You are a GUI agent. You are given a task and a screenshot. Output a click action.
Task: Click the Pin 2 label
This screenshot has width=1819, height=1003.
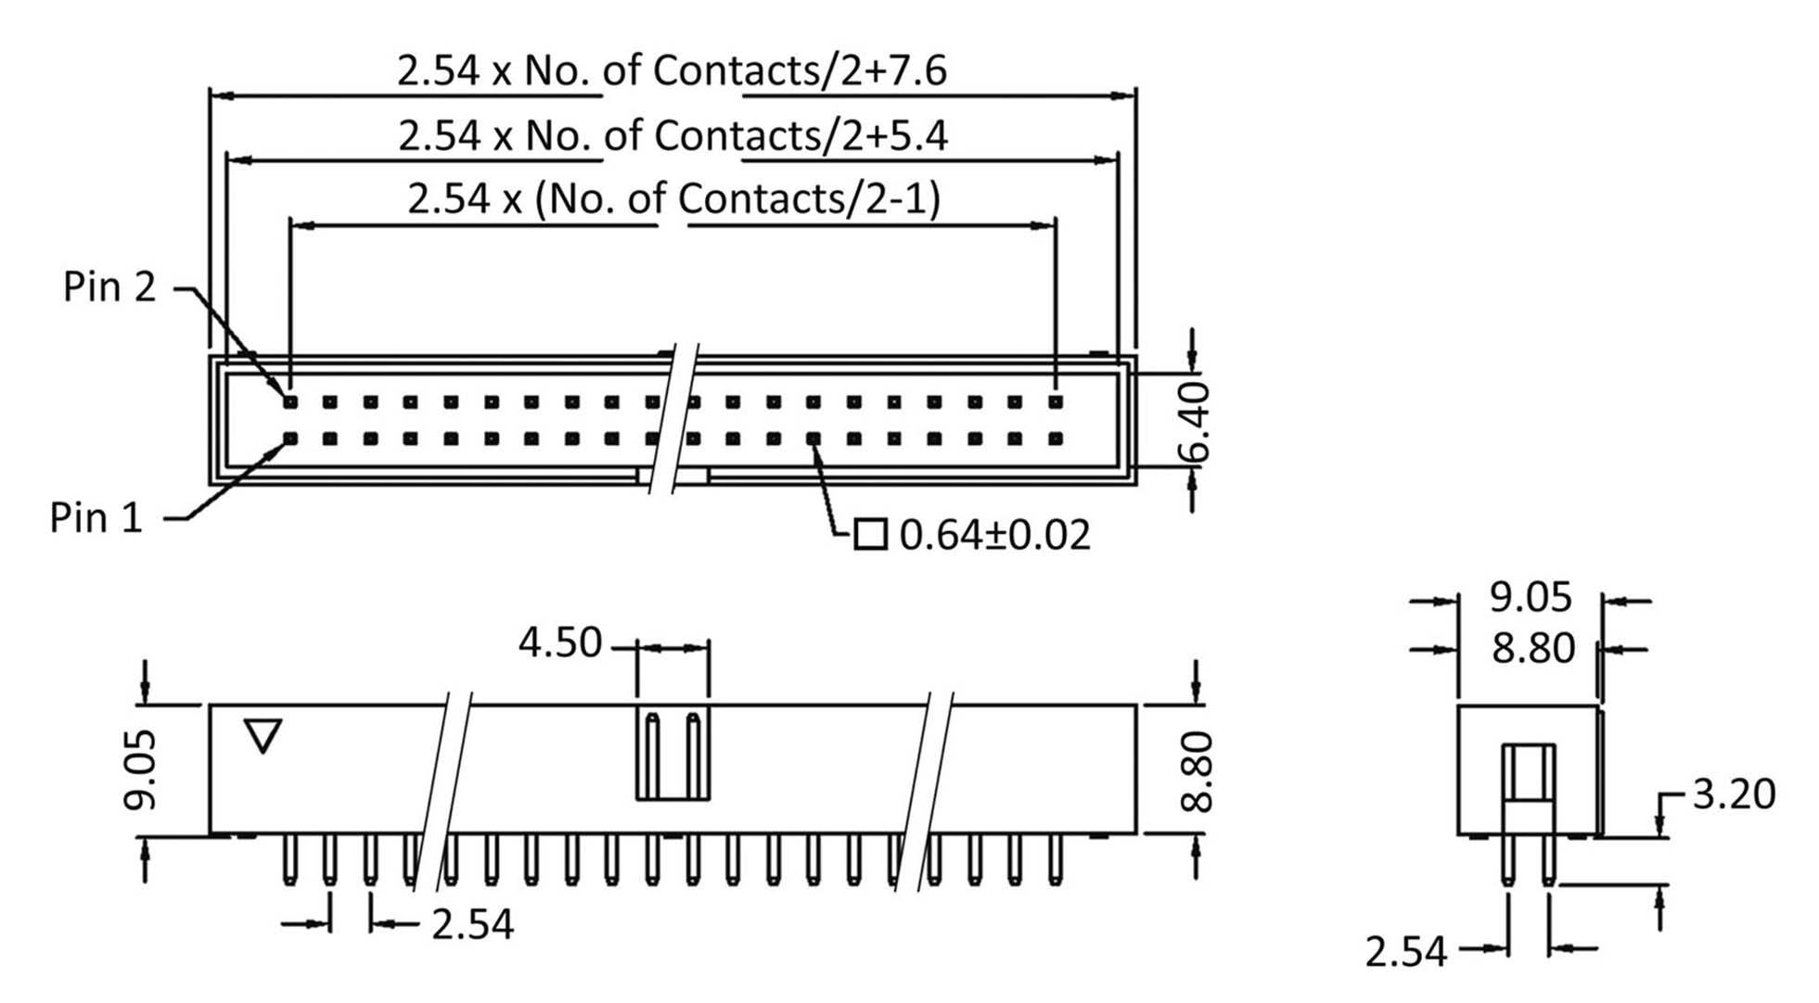point(109,286)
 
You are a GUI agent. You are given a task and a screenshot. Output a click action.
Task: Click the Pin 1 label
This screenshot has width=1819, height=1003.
point(96,517)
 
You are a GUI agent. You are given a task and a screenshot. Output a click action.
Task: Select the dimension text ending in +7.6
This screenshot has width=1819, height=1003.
point(672,70)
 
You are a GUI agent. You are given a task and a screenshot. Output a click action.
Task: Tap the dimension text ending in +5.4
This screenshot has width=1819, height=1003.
point(673,135)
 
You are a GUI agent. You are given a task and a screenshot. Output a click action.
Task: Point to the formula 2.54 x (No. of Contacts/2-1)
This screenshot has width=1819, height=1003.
point(673,198)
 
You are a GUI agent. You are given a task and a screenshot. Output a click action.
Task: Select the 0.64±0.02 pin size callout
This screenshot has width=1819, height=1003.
point(994,536)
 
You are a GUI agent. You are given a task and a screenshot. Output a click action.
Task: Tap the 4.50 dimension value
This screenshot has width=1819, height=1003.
point(559,642)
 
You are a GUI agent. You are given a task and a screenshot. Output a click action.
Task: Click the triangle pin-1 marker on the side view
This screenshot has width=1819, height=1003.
point(263,736)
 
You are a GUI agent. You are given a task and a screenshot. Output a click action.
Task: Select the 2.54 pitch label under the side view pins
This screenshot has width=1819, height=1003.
point(472,924)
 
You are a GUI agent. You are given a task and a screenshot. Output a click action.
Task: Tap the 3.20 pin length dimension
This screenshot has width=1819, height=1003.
point(1733,794)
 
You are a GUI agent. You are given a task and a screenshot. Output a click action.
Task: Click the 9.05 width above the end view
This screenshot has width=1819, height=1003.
point(1531,597)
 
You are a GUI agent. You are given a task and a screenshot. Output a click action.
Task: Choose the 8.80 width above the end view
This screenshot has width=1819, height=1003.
point(1532,648)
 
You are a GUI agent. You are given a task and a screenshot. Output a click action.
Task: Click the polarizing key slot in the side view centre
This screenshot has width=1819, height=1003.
point(673,754)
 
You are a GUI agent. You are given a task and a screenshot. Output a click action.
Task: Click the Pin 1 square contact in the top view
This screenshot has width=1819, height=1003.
point(290,438)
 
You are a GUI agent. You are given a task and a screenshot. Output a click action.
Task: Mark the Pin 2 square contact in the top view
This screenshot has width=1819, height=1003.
point(290,402)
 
